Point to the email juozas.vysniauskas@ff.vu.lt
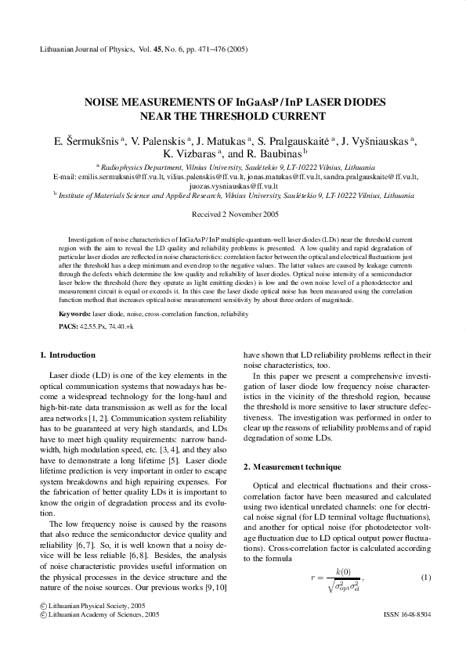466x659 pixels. pyautogui.click(x=233, y=186)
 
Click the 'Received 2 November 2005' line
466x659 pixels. pyautogui.click(x=233, y=214)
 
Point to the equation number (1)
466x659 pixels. pyautogui.click(x=426, y=577)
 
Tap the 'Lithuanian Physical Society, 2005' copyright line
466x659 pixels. pyautogui.click(x=91, y=606)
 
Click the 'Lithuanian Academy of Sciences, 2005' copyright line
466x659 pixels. pyautogui.click(x=97, y=615)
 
